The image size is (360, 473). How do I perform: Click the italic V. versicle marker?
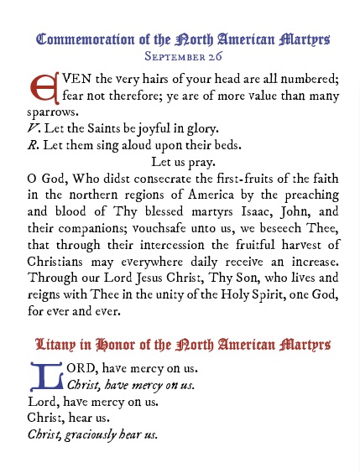coord(34,127)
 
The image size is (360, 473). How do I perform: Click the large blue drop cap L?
coord(45,377)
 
